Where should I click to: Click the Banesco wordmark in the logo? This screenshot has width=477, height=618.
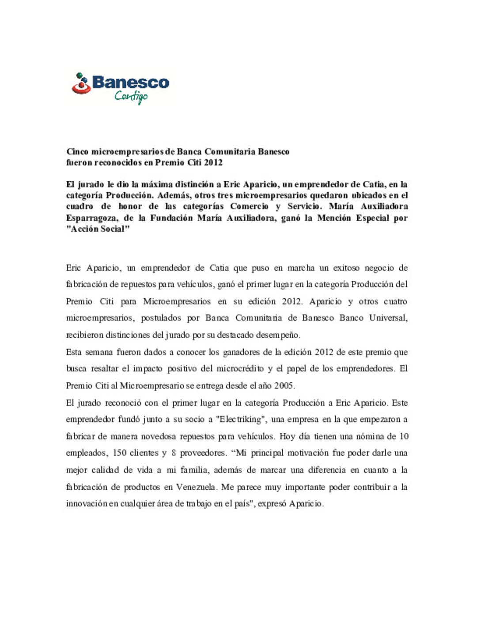click(131, 82)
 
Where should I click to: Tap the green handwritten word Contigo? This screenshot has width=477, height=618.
click(131, 96)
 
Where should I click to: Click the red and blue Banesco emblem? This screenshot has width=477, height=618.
click(81, 84)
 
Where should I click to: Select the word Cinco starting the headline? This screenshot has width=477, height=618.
click(77, 152)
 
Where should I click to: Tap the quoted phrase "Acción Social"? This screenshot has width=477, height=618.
click(98, 229)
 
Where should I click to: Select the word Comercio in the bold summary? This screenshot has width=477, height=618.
click(249, 206)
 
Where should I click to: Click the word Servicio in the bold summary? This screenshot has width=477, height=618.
click(304, 206)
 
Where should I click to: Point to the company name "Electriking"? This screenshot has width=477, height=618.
click(241, 420)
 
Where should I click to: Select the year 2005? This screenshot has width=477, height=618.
click(284, 386)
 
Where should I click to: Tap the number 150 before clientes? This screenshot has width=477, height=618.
click(120, 453)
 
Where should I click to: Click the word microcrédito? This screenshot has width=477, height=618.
click(240, 369)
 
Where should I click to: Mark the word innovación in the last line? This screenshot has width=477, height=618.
click(87, 504)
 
